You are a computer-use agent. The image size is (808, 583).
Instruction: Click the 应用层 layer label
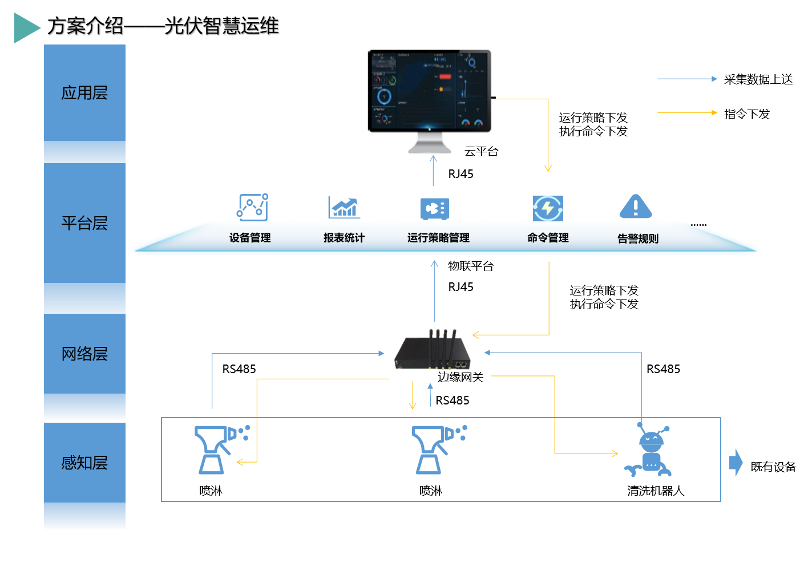[x=84, y=92]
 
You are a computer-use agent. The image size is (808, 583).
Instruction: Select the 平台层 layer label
[x=84, y=223]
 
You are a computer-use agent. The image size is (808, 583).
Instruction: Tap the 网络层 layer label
[x=84, y=354]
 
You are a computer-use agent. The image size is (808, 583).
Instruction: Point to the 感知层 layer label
[x=84, y=463]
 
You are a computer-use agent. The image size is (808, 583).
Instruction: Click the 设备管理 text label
[x=250, y=238]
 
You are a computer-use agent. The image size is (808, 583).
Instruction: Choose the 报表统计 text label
[x=344, y=238]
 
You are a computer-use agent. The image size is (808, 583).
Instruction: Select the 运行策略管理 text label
[x=438, y=238]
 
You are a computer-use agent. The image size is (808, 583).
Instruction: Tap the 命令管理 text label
[x=548, y=238]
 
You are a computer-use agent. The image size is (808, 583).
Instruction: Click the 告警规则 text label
[x=637, y=238]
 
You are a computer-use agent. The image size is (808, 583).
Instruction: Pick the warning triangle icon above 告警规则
[x=636, y=207]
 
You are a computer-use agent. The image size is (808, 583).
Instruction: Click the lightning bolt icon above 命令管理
[x=548, y=208]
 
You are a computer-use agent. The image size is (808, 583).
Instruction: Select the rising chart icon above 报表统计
[x=344, y=207]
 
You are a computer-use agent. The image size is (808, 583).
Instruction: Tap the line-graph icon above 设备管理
[x=252, y=207]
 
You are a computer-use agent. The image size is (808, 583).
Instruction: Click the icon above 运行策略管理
[x=435, y=209]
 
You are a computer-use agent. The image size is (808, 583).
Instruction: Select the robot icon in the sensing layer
[x=649, y=451]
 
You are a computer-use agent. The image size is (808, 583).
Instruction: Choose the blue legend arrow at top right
[x=687, y=79]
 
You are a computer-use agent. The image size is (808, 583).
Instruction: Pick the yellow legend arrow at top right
[x=687, y=112]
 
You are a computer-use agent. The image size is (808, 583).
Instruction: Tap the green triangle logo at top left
[x=26, y=27]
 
